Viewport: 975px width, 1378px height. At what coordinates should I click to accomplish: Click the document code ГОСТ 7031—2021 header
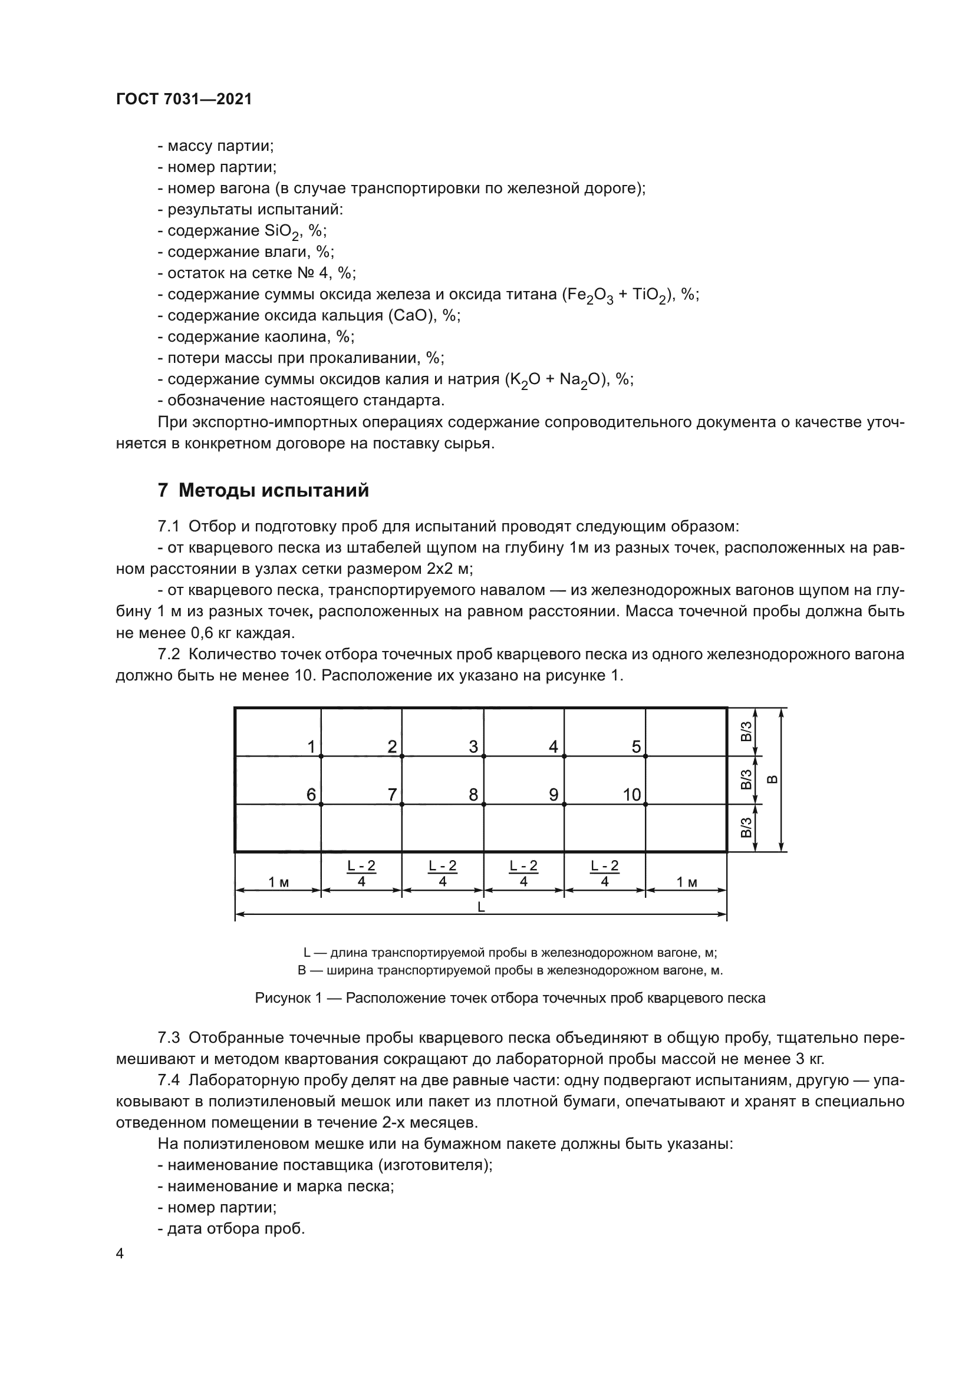click(184, 99)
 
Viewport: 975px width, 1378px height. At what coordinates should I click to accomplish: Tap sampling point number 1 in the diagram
click(311, 747)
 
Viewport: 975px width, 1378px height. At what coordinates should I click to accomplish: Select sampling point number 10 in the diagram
click(631, 795)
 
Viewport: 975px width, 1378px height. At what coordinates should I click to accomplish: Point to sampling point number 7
click(392, 795)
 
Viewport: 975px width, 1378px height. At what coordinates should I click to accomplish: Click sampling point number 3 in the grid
click(473, 747)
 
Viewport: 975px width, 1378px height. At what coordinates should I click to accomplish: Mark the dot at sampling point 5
click(645, 756)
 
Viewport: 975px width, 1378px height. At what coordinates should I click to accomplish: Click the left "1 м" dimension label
click(278, 882)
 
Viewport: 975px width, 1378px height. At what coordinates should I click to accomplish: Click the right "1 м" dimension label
click(687, 882)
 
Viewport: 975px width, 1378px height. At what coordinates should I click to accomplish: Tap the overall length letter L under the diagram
click(481, 907)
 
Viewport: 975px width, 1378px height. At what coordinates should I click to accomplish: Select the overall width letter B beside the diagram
click(773, 779)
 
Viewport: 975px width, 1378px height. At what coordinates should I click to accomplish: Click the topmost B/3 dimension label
click(746, 732)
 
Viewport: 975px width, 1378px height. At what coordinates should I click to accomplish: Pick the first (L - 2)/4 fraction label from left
click(361, 873)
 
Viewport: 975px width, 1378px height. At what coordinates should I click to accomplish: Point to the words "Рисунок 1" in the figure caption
click(284, 998)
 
